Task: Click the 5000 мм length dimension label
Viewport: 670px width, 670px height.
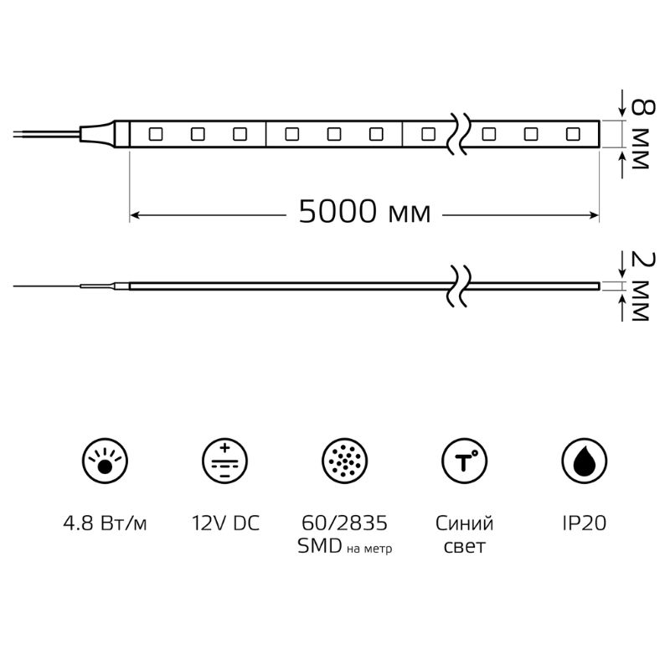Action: click(364, 211)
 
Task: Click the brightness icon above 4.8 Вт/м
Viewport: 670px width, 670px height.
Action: click(106, 461)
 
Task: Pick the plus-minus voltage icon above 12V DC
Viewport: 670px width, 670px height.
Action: click(224, 461)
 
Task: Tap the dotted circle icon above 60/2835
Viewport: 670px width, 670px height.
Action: click(344, 461)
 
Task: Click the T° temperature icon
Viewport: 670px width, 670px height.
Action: click(465, 461)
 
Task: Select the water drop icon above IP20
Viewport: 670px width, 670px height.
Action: click(584, 461)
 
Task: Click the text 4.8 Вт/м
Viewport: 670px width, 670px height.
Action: click(106, 523)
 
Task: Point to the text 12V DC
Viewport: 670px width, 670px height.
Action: click(225, 523)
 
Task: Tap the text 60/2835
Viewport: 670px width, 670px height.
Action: click(344, 523)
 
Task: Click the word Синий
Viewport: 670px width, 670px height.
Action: click(465, 523)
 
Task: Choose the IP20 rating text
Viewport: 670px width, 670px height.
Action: click(584, 523)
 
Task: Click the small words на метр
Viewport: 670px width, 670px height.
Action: click(369, 549)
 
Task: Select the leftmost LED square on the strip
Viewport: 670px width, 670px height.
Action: click(156, 134)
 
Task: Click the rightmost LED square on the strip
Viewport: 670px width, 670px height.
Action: click(573, 134)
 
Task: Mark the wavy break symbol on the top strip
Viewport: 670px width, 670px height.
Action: click(459, 134)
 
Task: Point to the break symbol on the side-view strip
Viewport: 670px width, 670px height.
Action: click(459, 286)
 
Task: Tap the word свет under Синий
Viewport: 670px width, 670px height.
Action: click(465, 547)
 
